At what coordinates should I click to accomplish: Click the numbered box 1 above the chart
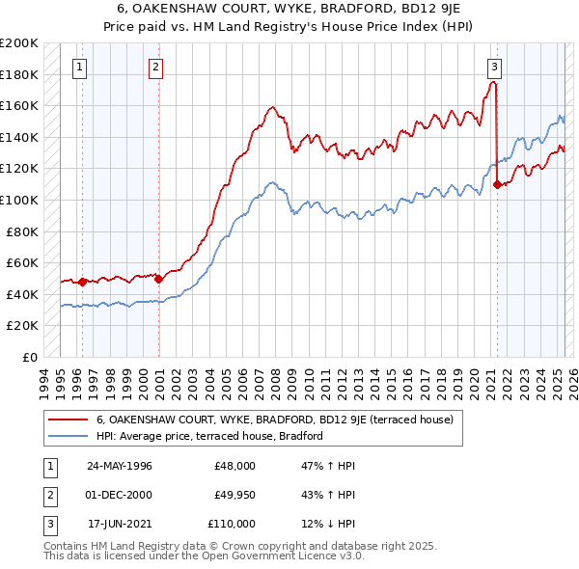point(78,68)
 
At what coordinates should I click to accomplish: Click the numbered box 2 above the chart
point(155,68)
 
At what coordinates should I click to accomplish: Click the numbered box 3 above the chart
point(493,68)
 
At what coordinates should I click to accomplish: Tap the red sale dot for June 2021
point(497,184)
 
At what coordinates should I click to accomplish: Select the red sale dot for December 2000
point(159,279)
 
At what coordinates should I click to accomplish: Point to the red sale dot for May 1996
point(83,282)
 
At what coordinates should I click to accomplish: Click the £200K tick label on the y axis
point(19,43)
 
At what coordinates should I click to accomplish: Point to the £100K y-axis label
point(19,200)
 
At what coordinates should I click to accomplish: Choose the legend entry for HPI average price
point(208,436)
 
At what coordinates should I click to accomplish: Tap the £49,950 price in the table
point(232,495)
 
